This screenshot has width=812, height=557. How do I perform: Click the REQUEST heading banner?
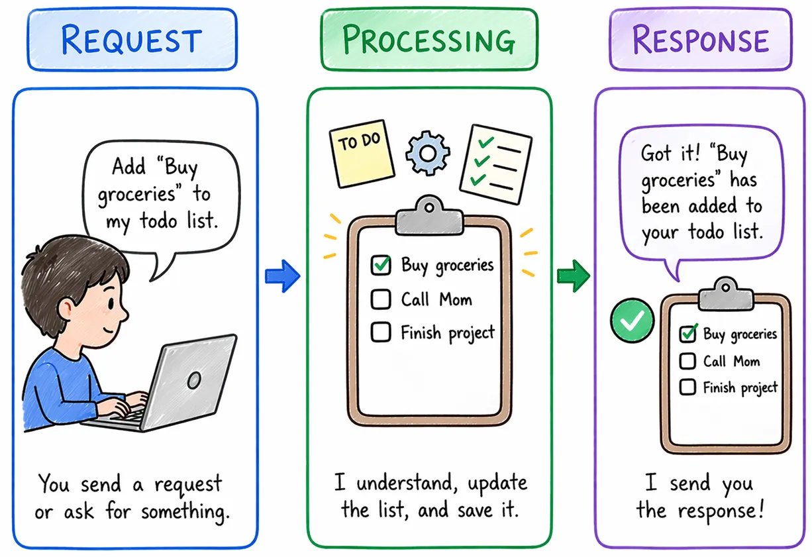tap(132, 39)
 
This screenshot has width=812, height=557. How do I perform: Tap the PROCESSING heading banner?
tap(429, 39)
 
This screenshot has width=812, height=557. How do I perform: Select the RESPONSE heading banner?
tap(701, 39)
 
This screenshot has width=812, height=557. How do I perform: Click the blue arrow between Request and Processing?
tap(282, 276)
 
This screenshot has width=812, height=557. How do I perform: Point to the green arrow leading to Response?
tap(573, 276)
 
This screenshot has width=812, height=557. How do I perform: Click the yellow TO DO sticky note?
tap(362, 154)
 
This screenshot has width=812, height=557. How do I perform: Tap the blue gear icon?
tap(428, 153)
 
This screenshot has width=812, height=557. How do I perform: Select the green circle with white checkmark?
tap(633, 321)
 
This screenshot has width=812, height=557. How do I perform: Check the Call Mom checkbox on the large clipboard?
tap(381, 299)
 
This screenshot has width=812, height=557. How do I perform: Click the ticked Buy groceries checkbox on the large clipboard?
tap(381, 265)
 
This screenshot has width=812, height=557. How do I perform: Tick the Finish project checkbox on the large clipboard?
tap(381, 332)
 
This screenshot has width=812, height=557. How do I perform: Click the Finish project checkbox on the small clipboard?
tap(687, 387)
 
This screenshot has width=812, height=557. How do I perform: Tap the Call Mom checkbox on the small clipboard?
tap(687, 361)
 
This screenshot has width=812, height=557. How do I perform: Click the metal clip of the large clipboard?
tap(430, 216)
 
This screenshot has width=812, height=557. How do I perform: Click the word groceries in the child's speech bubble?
tap(136, 194)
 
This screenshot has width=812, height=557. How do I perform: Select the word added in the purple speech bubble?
tap(713, 206)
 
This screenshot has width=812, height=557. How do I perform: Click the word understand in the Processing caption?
tap(405, 483)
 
